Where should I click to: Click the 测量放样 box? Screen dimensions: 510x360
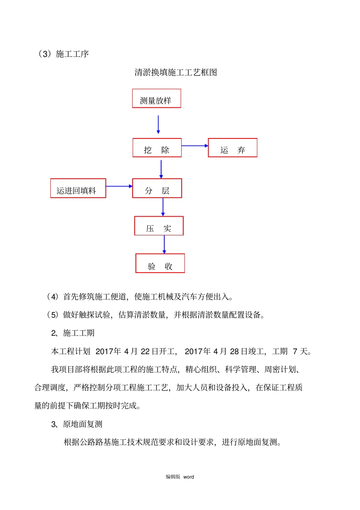pyautogui.click(x=157, y=99)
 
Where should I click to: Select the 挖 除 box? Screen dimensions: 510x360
pyautogui.click(x=157, y=148)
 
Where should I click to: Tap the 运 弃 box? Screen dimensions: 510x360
pyautogui.click(x=232, y=148)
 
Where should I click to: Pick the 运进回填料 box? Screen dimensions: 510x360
pyautogui.click(x=78, y=188)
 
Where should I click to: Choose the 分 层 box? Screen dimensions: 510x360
pyautogui.click(x=157, y=188)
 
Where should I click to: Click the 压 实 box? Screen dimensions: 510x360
pyautogui.click(x=159, y=226)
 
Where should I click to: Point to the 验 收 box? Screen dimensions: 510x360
pyautogui.click(x=160, y=264)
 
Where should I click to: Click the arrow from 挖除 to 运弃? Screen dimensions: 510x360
pyautogui.click(x=195, y=146)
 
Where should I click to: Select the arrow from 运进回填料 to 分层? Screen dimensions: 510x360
pyautogui.click(x=119, y=186)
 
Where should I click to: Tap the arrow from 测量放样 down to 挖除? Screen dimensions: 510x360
pyautogui.click(x=158, y=124)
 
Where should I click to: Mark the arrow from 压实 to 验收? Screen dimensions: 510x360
pyautogui.click(x=164, y=244)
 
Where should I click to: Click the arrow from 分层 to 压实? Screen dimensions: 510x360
pyautogui.click(x=163, y=207)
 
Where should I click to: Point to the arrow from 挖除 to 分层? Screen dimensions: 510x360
pyautogui.click(x=161, y=169)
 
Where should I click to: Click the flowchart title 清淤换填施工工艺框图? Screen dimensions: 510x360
pyautogui.click(x=176, y=72)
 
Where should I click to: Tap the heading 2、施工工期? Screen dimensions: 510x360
pyautogui.click(x=73, y=333)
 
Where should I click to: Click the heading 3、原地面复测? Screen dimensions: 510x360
pyautogui.click(x=77, y=424)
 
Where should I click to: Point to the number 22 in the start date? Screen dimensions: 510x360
pyautogui.click(x=145, y=352)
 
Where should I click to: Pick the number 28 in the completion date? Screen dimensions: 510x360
pyautogui.click(x=234, y=352)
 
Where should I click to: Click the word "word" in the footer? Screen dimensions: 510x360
pyautogui.click(x=188, y=477)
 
